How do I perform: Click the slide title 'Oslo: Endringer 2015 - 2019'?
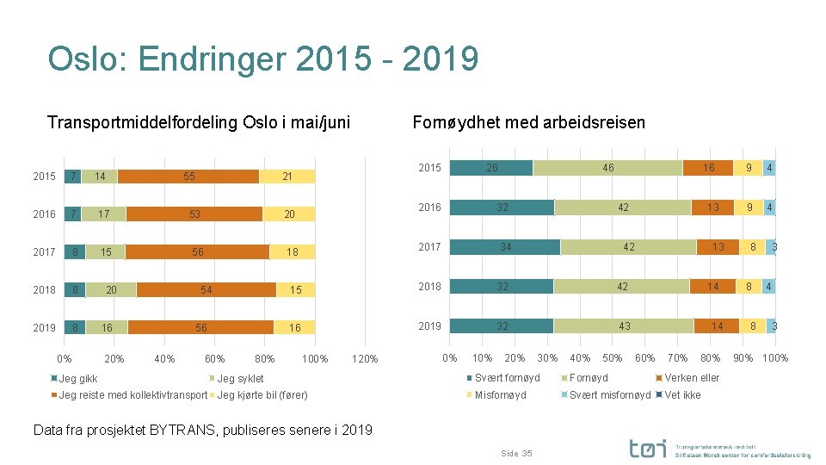coord(263,59)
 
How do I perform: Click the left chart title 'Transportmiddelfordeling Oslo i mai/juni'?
coord(199,122)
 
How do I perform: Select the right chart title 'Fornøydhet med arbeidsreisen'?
coord(528,122)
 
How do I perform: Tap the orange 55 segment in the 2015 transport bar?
coord(188,177)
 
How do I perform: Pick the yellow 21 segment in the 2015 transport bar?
coord(287,177)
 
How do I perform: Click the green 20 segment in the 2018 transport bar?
coord(111,290)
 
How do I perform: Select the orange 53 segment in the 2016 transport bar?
coord(194,214)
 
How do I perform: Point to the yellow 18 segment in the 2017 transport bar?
coord(293,252)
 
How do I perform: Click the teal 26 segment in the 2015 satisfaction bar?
coord(491,168)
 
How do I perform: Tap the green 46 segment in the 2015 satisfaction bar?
coord(607,168)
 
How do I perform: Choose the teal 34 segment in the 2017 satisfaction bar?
coord(505,247)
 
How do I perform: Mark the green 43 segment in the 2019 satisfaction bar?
coord(624,326)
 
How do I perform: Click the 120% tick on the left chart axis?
coord(366,359)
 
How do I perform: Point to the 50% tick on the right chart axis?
coord(612,358)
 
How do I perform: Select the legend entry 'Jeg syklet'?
coord(240,379)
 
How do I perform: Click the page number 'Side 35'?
coord(515,453)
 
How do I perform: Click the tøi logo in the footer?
coord(646,449)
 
